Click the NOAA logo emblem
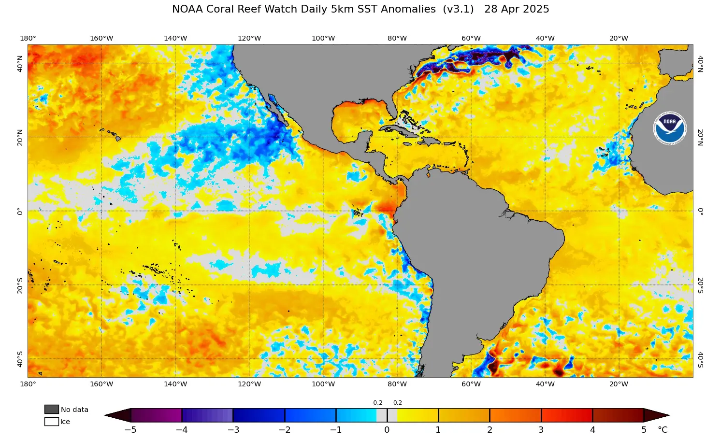tap(669, 128)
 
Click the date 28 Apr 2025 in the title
tap(517, 9)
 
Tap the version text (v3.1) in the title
tap(458, 9)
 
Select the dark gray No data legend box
tap(51, 410)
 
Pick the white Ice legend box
tap(51, 422)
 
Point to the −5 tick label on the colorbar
tap(130, 430)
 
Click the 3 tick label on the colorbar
tap(541, 430)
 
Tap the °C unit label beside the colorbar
tap(662, 430)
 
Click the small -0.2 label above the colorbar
tap(377, 403)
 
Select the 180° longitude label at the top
tap(28, 39)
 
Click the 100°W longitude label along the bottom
tap(323, 384)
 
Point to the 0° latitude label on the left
tap(20, 211)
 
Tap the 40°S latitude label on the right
tap(700, 359)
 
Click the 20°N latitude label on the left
tap(20, 137)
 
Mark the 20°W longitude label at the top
tap(619, 39)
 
